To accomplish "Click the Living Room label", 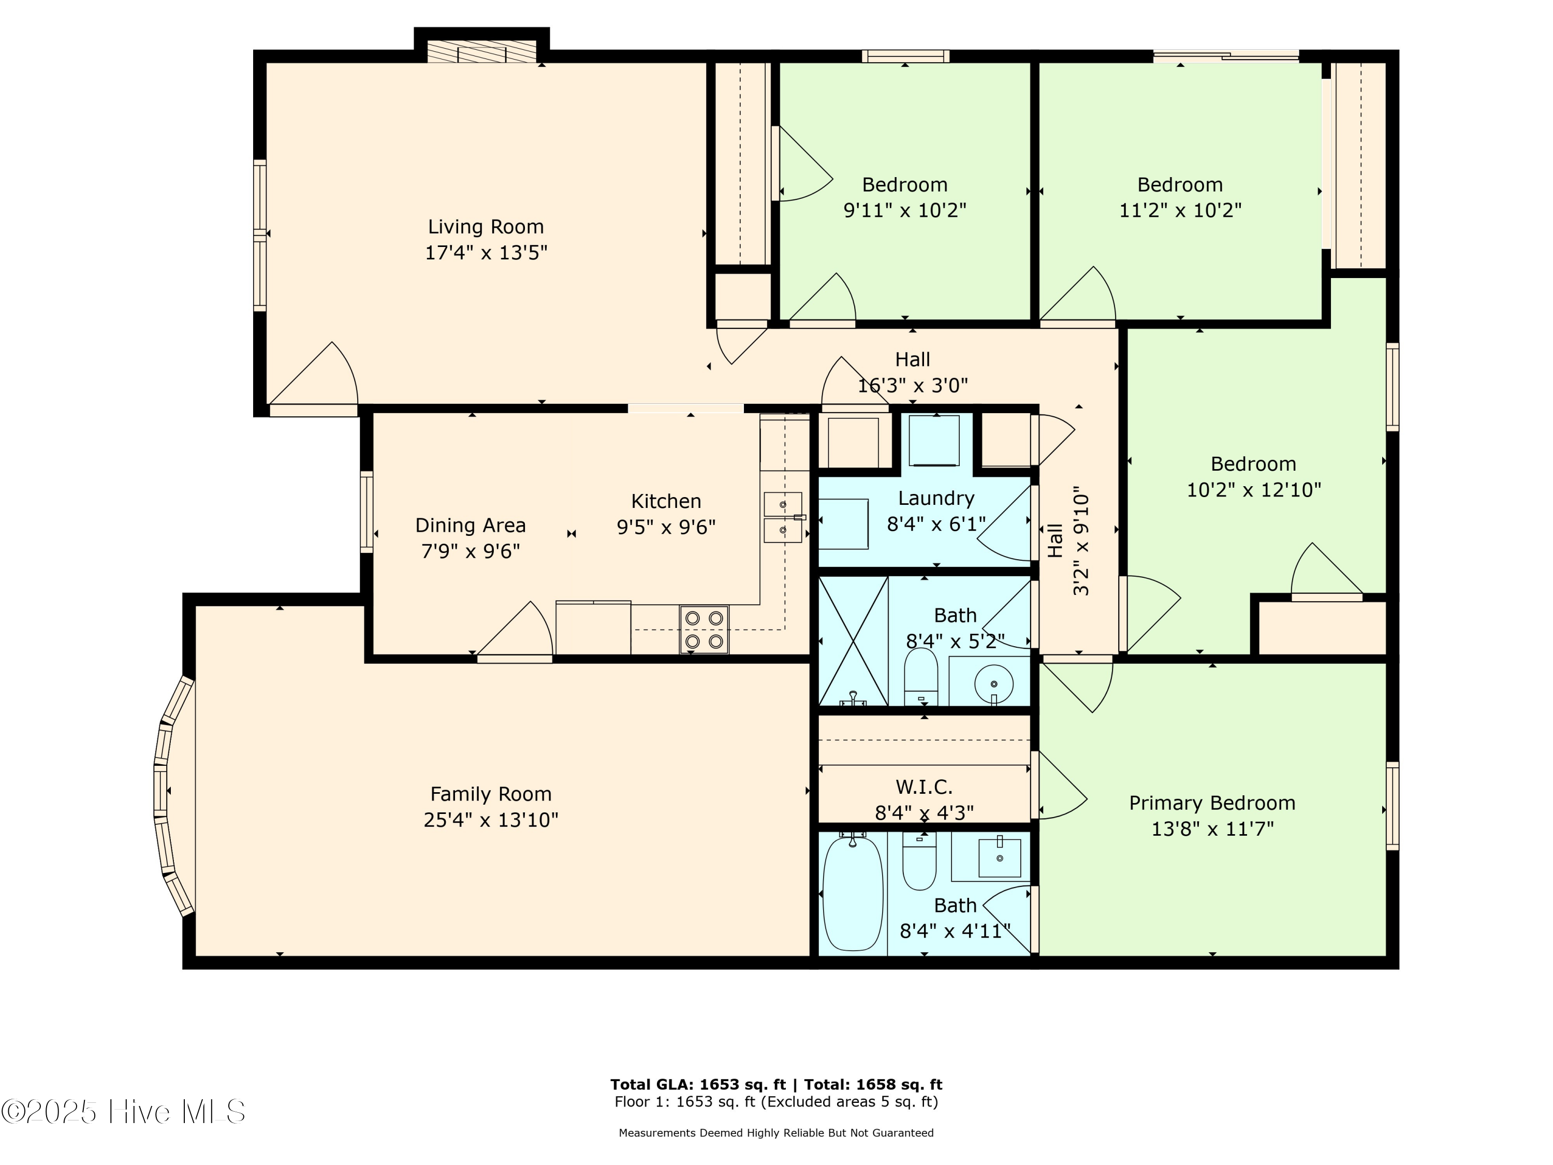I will point(486,227).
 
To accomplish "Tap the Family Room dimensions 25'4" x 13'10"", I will point(491,820).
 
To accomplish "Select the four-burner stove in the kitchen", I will point(704,629).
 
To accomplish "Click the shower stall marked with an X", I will point(853,640).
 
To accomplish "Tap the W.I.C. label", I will point(924,787).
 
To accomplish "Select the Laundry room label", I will point(936,499).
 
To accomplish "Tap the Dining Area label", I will point(471,525).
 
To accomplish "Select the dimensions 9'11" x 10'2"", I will point(904,210).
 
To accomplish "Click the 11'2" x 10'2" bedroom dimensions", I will point(1180,210).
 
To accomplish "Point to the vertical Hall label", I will point(1055,541).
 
